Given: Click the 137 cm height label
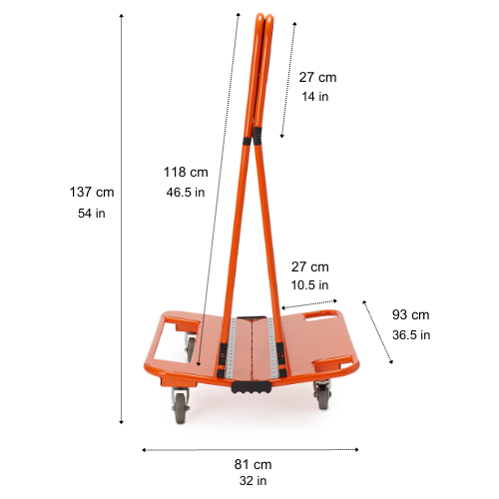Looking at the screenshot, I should click(x=92, y=192).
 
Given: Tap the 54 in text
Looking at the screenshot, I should click(x=92, y=214).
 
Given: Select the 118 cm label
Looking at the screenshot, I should click(x=186, y=172).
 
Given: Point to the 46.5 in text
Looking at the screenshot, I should click(x=186, y=193).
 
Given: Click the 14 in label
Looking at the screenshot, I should click(x=315, y=97).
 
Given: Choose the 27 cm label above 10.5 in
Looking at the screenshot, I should click(x=309, y=266).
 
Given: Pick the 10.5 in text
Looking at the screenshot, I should click(x=309, y=284).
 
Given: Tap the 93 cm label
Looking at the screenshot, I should click(x=410, y=314).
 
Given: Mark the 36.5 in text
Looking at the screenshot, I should click(x=411, y=334).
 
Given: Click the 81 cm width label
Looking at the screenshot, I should click(x=253, y=464).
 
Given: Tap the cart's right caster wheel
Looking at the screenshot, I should click(x=324, y=397).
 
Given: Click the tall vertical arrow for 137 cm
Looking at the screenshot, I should click(x=122, y=220).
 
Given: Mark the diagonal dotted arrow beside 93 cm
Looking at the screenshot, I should click(x=377, y=331).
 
